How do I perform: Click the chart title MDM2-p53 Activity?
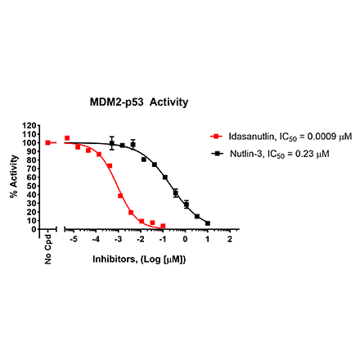tap(139, 102)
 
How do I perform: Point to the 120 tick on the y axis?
tap(32, 126)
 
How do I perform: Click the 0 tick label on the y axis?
tap(36, 229)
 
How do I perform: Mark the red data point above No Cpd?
tap(48, 142)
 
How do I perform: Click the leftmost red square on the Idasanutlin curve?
tap(67, 138)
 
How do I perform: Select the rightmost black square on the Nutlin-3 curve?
tap(208, 223)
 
